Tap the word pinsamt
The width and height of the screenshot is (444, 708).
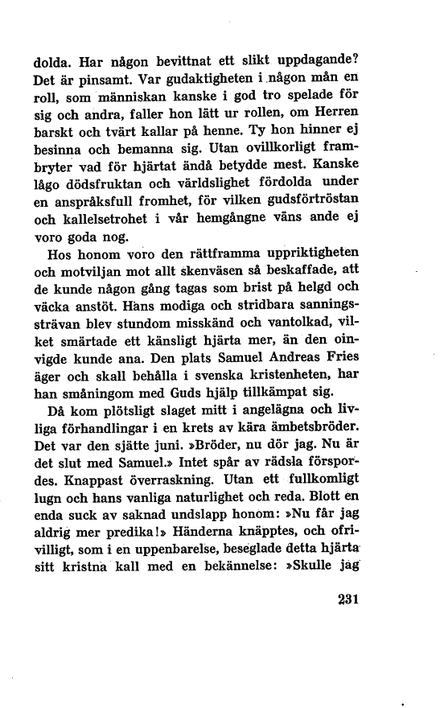tap(92, 80)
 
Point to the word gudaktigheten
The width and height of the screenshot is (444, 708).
tap(191, 80)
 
